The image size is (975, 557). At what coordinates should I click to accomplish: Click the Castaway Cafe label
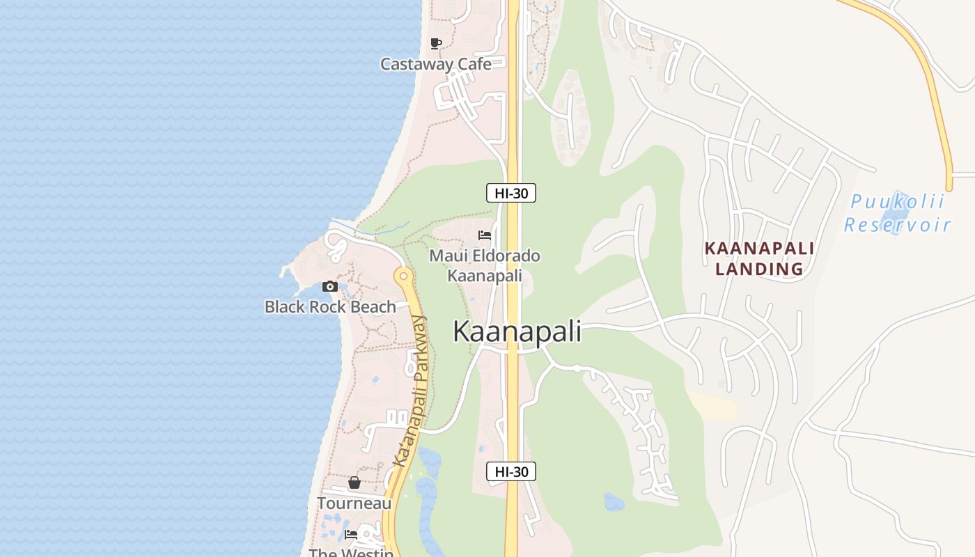pos(435,64)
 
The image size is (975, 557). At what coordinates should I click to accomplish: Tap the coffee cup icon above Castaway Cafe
pos(436,44)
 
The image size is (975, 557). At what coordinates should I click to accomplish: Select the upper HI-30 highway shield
pos(511,193)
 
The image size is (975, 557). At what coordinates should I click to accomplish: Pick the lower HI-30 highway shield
pos(511,471)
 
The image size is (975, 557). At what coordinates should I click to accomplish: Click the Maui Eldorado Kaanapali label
pos(485,265)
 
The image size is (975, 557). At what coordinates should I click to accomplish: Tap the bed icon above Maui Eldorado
pos(485,235)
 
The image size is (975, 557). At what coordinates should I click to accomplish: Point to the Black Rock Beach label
pos(330,306)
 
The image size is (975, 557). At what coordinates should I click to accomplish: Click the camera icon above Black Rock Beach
pos(330,286)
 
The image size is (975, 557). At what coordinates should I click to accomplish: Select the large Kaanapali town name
pos(517,331)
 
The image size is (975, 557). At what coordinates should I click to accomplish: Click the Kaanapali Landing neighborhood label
pos(759,258)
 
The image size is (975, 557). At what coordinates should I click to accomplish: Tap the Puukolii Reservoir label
pos(897,213)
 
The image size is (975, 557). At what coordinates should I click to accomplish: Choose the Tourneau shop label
pos(354,503)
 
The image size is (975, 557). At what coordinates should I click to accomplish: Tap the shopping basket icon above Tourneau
pos(354,483)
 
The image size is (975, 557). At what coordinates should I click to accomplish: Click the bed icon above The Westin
pos(351,535)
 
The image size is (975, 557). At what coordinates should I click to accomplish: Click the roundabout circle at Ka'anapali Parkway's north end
pos(403,276)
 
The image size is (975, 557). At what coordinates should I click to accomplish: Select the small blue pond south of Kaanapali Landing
pos(614,502)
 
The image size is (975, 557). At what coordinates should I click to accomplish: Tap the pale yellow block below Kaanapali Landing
pos(715,407)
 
